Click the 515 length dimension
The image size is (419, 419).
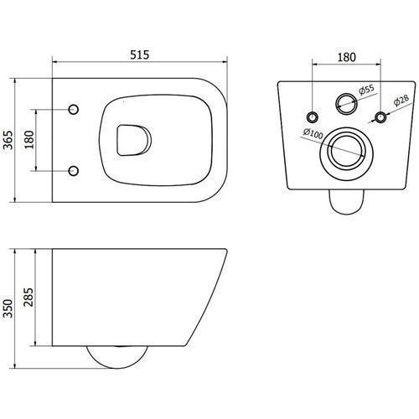[x=140, y=54]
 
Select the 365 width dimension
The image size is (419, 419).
[x=9, y=140]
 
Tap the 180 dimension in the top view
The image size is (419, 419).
[x=29, y=140]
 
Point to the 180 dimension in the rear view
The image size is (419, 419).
[x=347, y=57]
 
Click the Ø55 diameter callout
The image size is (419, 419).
[x=366, y=90]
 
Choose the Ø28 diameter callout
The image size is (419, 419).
[x=401, y=101]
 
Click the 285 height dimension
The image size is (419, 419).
[x=28, y=297]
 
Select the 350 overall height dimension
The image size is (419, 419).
[x=8, y=308]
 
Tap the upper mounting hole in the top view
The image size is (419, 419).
[x=74, y=109]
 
